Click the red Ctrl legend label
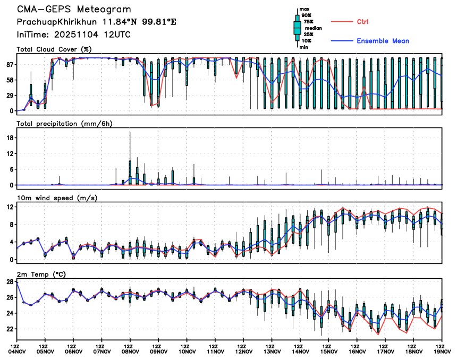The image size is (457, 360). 363,22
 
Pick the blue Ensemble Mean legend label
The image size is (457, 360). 383,41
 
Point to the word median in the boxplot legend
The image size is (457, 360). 313,28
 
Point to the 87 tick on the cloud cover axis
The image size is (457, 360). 9,64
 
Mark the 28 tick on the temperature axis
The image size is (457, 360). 9,282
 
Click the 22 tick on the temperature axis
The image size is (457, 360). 9,329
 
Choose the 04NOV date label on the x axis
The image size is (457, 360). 17,351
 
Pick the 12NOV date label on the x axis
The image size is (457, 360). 243,351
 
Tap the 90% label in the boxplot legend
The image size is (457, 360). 306,15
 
